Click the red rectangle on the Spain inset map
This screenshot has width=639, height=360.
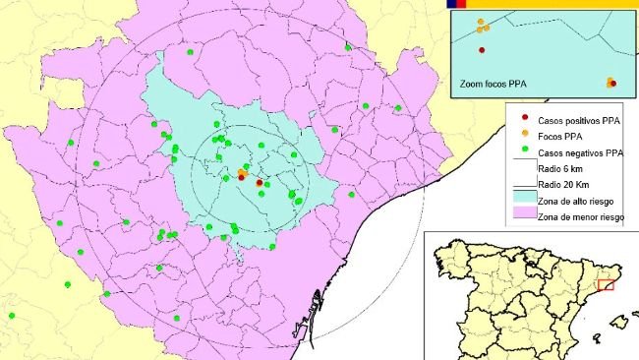click(606, 284)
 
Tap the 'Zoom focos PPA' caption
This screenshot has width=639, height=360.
click(493, 85)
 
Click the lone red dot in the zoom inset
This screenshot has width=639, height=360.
click(482, 50)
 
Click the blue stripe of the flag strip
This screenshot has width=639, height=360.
click(450, 4)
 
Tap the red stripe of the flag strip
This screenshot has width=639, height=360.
click(460, 4)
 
